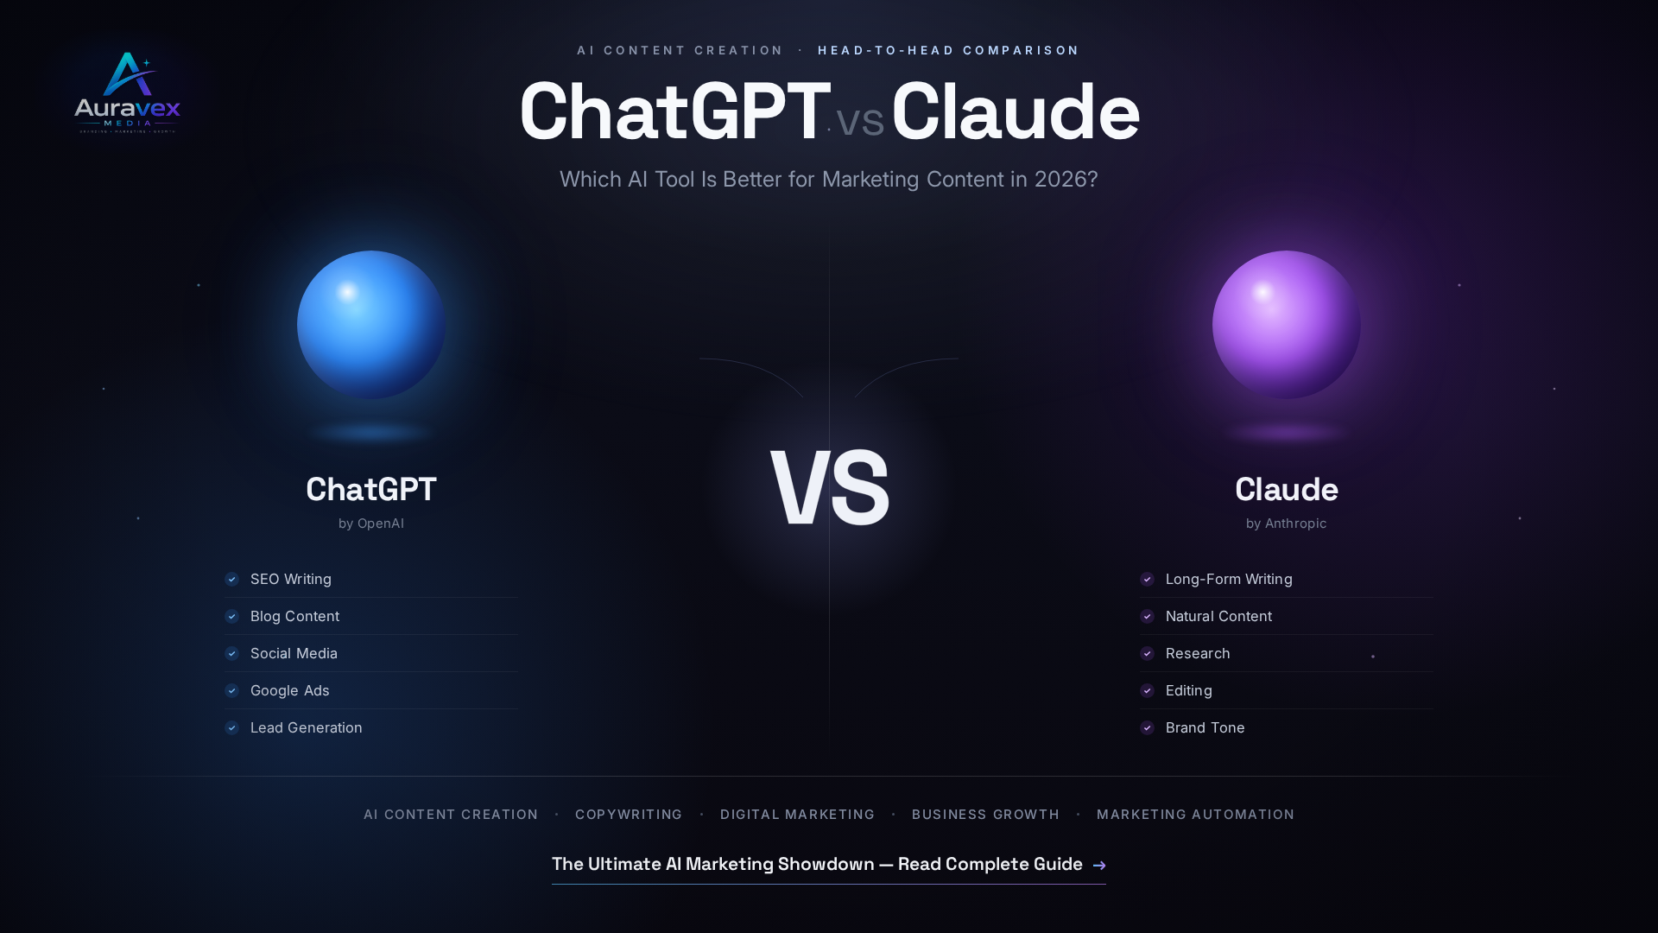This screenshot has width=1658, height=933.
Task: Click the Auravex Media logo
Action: click(127, 92)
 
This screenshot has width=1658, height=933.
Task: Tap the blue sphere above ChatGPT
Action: click(371, 325)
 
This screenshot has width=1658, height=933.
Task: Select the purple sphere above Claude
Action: click(1287, 325)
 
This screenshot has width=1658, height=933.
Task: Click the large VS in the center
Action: click(829, 489)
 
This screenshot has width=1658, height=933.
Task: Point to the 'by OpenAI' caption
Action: click(371, 524)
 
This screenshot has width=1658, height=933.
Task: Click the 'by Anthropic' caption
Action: click(1287, 524)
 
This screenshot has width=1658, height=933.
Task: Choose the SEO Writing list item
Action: click(291, 579)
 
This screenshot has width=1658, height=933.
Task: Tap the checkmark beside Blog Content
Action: click(231, 616)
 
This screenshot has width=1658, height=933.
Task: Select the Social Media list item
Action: click(294, 653)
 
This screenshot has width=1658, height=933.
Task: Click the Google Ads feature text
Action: click(290, 690)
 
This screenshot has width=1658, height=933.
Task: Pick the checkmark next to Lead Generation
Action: click(231, 727)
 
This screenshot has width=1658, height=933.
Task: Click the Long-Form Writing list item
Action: click(1229, 579)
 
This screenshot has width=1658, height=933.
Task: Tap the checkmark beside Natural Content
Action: click(1147, 616)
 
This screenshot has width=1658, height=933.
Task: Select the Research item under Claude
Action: click(1198, 653)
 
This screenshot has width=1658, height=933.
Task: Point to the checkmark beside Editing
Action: click(1147, 690)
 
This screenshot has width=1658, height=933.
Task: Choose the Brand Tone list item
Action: click(1206, 727)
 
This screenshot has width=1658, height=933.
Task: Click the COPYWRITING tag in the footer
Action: click(629, 815)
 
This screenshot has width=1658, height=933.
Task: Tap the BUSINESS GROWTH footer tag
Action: click(985, 815)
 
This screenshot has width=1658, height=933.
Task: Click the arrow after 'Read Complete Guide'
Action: click(1099, 865)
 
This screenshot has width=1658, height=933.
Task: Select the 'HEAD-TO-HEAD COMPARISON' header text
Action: click(948, 50)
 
